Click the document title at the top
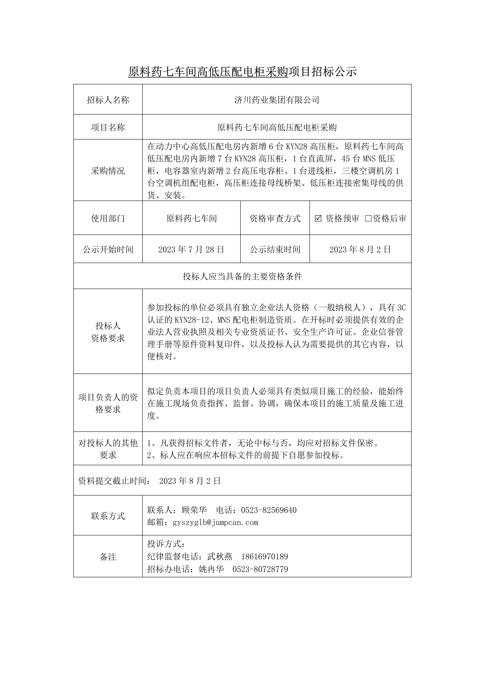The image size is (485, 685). coord(242,72)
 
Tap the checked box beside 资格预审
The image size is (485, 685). coord(318,218)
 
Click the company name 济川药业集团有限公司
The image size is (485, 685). coord(277,100)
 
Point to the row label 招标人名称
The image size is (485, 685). coord(108,100)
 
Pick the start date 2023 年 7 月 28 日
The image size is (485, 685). coord(191,249)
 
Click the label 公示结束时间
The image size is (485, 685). coord(275,249)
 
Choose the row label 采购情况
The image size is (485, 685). coord(108,171)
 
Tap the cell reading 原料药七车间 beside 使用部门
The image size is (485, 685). coord(191,218)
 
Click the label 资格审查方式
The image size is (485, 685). coord(275,218)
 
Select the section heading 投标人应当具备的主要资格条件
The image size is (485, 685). coord(242,276)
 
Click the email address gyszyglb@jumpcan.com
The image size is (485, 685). coord(215,522)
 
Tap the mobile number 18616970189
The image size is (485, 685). coord(265,556)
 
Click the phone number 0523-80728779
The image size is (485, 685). coord(260,569)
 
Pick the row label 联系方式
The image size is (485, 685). coord(108,516)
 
